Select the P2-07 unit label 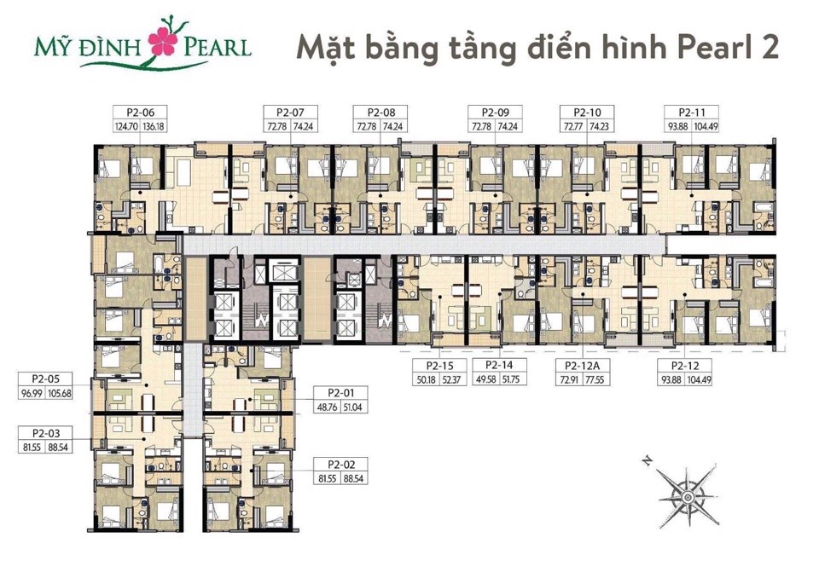pos(279,112)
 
